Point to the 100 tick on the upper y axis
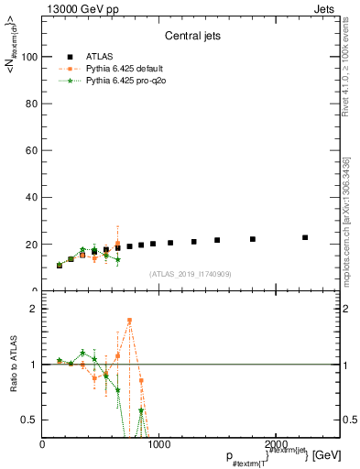click(29, 57)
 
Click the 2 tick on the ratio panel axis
click(35, 309)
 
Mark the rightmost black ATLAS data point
click(305, 237)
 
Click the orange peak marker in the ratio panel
click(129, 321)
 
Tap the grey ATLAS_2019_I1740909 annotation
click(191, 274)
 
